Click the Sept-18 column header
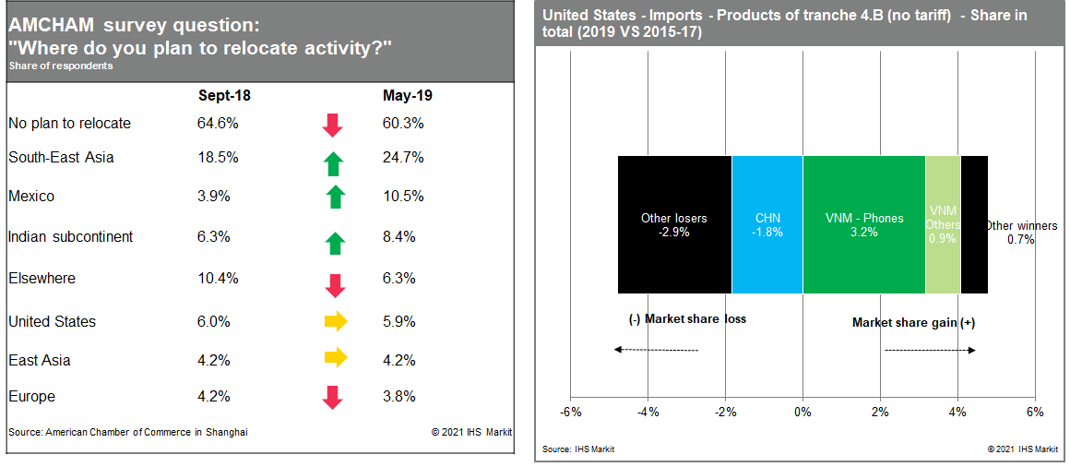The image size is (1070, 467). (224, 95)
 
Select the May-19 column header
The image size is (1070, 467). (407, 95)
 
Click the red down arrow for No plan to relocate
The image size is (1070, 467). (333, 125)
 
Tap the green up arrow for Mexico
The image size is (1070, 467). (335, 197)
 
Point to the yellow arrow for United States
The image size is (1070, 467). (335, 321)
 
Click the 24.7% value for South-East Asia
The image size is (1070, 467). (403, 158)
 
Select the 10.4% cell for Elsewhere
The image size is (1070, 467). (218, 278)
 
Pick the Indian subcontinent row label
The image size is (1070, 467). (70, 237)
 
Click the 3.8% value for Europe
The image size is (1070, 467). (399, 397)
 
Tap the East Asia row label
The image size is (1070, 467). (39, 360)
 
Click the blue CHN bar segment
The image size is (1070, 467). (767, 224)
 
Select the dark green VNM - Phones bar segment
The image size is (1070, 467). (863, 224)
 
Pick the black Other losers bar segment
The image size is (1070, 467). (674, 224)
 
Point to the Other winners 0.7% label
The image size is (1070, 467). (1021, 233)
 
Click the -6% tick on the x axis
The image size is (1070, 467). (570, 412)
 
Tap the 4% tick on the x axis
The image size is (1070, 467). (957, 412)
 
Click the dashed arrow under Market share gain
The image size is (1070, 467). (930, 350)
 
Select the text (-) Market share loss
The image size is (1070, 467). (686, 318)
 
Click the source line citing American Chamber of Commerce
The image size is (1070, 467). (128, 432)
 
